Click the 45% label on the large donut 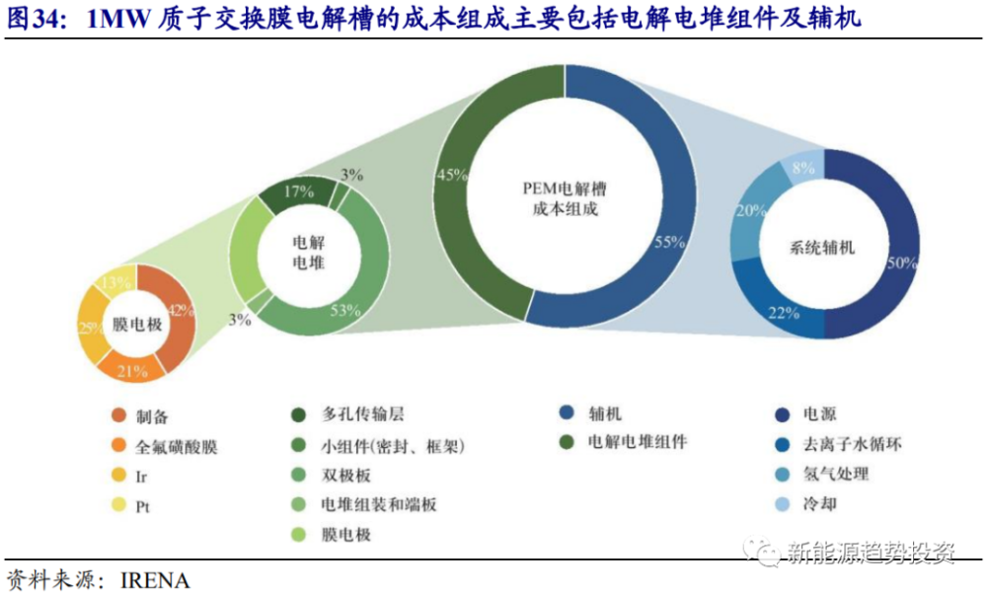point(452,175)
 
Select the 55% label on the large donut point(670,242)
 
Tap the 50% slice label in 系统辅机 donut point(902,263)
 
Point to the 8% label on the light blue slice point(803,168)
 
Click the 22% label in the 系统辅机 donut point(784,313)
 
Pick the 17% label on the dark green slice point(298,191)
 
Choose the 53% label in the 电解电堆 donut point(345,310)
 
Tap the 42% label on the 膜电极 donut point(181,310)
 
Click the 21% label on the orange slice point(132,371)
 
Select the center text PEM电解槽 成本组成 point(565,199)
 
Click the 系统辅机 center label point(822,248)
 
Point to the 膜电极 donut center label point(137,325)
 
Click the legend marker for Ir point(118,476)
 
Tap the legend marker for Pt point(118,505)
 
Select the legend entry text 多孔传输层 point(363,414)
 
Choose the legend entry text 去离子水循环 point(853,444)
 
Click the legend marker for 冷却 point(782,504)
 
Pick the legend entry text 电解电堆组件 point(637,442)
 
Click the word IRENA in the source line point(155,580)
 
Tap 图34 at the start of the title point(36,19)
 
